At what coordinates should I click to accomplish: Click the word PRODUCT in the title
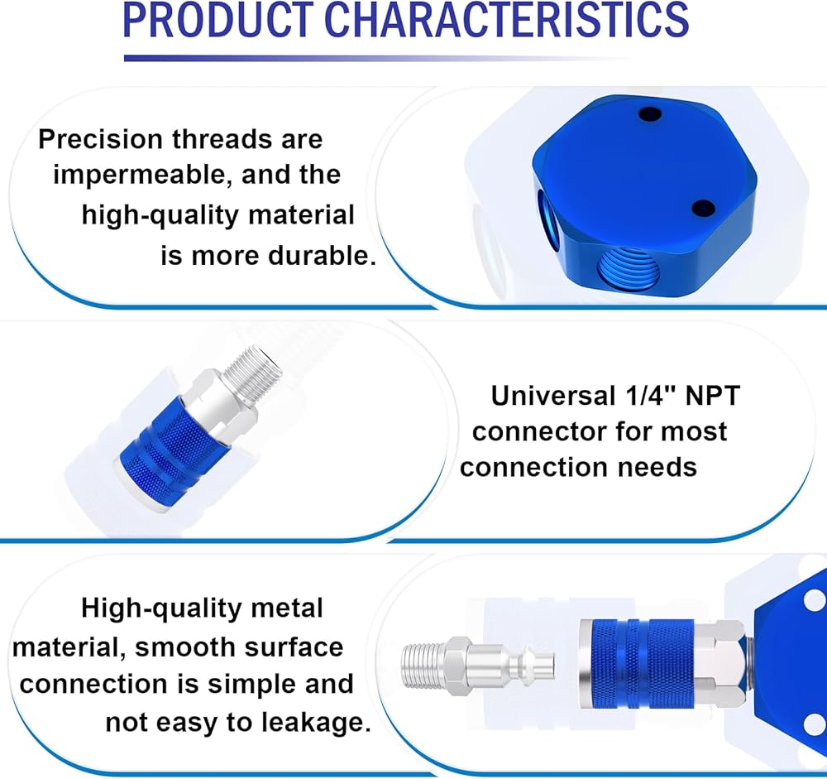coord(218,20)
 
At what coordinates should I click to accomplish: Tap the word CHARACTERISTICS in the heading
coord(509,20)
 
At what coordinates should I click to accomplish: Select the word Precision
coord(100,139)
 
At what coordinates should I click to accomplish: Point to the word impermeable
coord(143,176)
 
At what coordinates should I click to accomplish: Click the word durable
coord(322,256)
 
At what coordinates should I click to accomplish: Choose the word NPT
coord(713,396)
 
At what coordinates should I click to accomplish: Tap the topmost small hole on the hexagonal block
coord(649,113)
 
